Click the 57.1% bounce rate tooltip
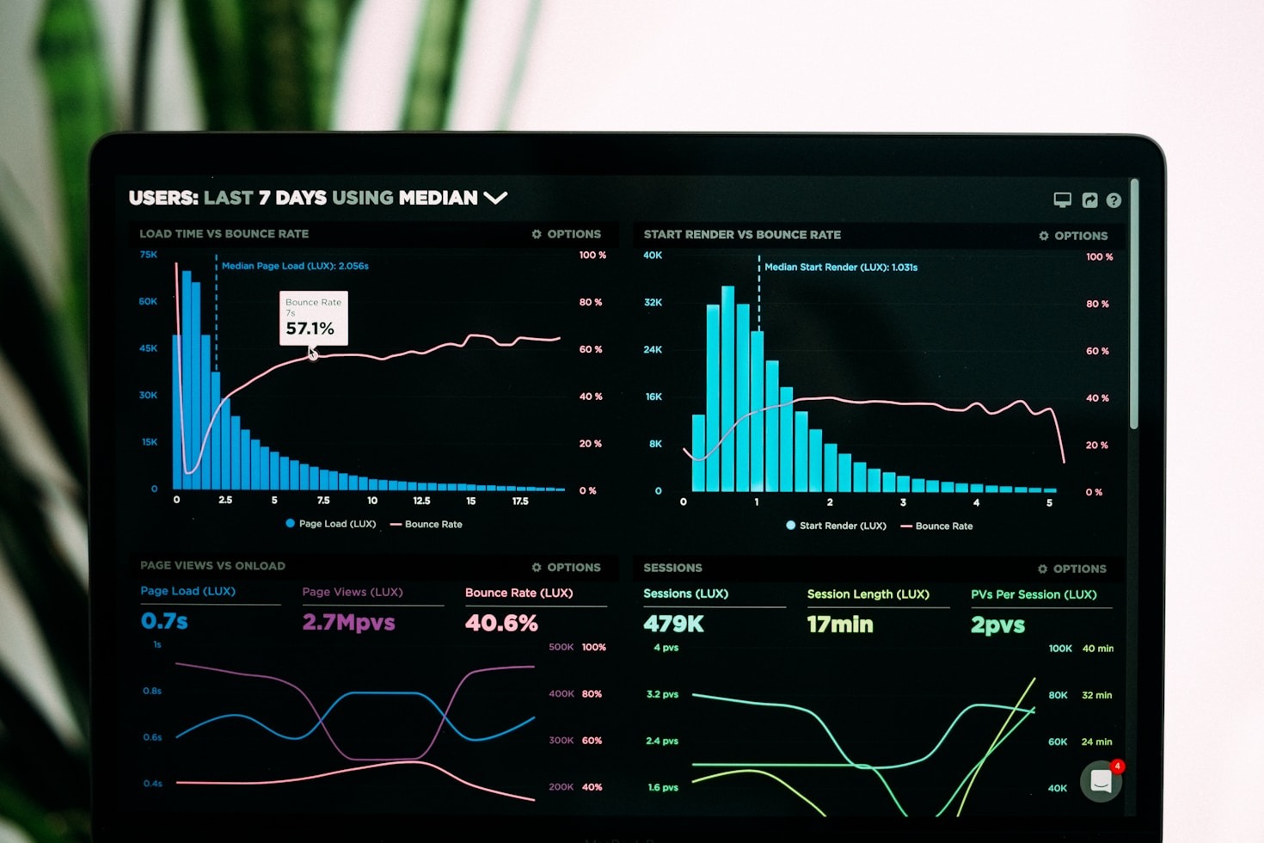click(313, 318)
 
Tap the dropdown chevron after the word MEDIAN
click(495, 198)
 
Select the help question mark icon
click(1114, 200)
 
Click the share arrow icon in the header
click(1089, 200)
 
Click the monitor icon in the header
click(1063, 200)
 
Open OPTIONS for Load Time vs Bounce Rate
click(567, 234)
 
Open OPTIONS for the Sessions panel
click(1072, 569)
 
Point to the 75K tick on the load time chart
click(149, 255)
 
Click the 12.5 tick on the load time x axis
click(421, 501)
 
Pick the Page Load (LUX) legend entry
click(330, 524)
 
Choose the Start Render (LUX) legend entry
click(835, 526)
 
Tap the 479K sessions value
click(673, 625)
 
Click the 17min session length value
click(839, 625)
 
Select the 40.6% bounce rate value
click(501, 623)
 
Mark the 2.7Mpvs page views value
click(348, 622)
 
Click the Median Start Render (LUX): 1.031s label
click(841, 268)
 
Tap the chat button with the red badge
click(1101, 781)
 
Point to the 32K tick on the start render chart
click(653, 303)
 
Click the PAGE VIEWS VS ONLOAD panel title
click(212, 566)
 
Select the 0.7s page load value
click(164, 621)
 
